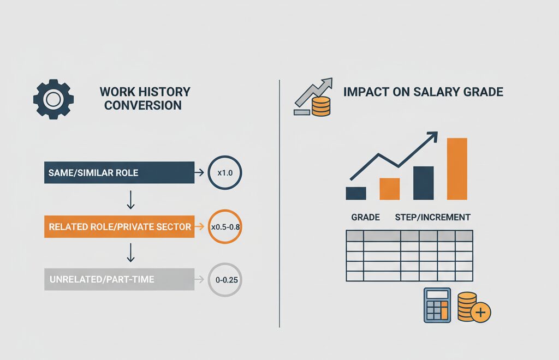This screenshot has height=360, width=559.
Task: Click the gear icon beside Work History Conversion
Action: click(x=53, y=99)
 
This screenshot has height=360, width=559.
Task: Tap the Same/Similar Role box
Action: click(x=119, y=173)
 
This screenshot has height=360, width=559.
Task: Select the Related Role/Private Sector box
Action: click(x=119, y=226)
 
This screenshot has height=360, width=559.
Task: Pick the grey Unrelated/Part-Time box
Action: click(x=119, y=279)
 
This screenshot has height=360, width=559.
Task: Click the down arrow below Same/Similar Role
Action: click(x=130, y=200)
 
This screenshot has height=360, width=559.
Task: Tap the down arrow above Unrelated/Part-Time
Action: click(x=130, y=253)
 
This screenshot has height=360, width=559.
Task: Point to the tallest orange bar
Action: click(x=457, y=169)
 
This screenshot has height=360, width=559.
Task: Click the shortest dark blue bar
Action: click(x=356, y=193)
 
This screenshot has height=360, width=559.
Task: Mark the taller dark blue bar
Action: click(x=424, y=183)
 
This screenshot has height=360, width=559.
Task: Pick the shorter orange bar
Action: click(x=390, y=189)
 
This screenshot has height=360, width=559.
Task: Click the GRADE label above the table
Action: click(x=365, y=217)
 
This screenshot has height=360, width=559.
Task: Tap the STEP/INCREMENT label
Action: click(x=433, y=217)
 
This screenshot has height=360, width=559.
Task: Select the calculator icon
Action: click(x=437, y=305)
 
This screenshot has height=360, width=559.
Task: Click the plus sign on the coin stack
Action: click(x=480, y=313)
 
